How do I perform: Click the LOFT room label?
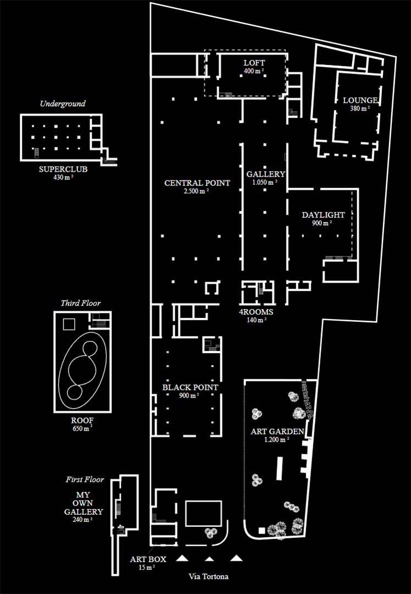point(254,63)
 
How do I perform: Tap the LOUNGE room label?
point(360,101)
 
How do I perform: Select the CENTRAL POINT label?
point(197,183)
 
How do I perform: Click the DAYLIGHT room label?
point(323,215)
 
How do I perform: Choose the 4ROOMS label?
point(256,312)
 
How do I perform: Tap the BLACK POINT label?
point(190,388)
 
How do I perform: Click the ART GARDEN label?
point(277,432)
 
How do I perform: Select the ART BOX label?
point(148,559)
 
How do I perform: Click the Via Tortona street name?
point(209,576)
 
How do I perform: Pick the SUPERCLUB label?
point(63,169)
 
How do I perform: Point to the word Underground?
point(63,103)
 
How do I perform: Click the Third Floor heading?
point(81,303)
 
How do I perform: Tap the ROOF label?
point(82,421)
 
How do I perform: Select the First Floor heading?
point(85,480)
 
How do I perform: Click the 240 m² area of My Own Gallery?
point(82,519)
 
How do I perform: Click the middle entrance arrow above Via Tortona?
point(209,559)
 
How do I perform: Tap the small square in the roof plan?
point(69,324)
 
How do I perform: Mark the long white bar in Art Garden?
point(280,469)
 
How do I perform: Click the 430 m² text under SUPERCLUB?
point(63,177)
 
